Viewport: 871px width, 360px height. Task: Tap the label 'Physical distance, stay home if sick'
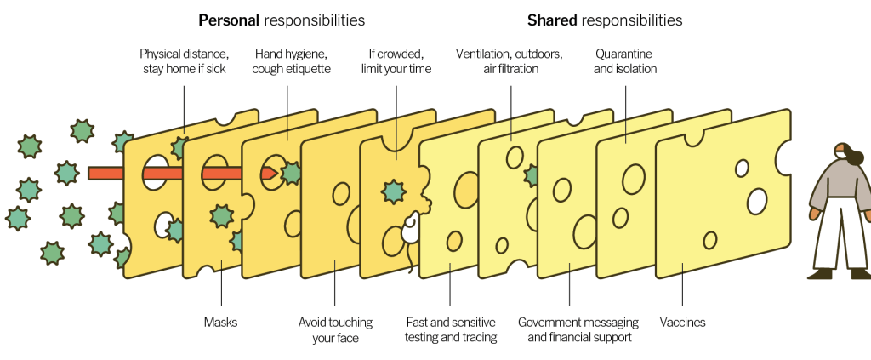pos(184,61)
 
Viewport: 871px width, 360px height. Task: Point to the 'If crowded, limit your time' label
pos(400,61)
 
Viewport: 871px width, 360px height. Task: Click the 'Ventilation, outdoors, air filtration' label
pos(509,61)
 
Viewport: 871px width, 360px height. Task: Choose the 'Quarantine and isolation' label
pos(624,61)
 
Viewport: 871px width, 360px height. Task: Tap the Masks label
pos(220,323)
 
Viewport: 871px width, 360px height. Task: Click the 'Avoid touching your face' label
pos(334,330)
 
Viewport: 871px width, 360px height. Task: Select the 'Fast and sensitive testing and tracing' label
pos(450,330)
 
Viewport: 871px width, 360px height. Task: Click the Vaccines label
pos(682,323)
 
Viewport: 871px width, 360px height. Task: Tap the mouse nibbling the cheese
pos(409,231)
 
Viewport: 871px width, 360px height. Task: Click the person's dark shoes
pos(821,273)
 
